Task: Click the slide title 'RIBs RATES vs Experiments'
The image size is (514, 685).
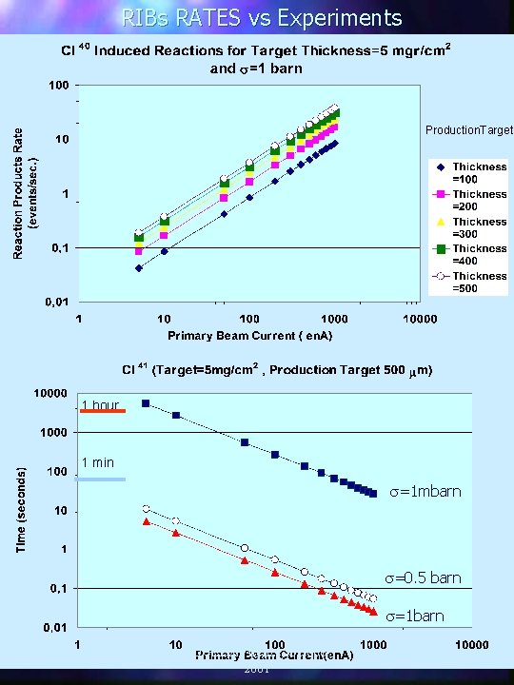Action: [x=261, y=17]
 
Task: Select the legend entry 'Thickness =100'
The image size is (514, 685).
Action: [x=479, y=173]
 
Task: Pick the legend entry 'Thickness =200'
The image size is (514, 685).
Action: [x=479, y=200]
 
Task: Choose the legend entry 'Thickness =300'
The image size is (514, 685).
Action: [x=479, y=227]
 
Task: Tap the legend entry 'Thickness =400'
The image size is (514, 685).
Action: [x=479, y=254]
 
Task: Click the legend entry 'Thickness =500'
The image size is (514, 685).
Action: [x=479, y=282]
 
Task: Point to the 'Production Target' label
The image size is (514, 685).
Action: [x=468, y=129]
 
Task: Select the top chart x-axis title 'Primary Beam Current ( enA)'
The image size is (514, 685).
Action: [x=247, y=336]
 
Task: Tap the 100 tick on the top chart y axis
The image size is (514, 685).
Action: [x=58, y=86]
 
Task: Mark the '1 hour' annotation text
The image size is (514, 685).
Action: [x=100, y=405]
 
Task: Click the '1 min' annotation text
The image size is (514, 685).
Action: [x=97, y=463]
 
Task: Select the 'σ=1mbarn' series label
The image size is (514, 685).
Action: [x=425, y=492]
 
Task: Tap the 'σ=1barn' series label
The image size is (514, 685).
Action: [x=415, y=616]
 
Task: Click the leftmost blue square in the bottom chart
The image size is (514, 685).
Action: [x=146, y=403]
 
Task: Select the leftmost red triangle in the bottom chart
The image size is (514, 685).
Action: [x=146, y=521]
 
